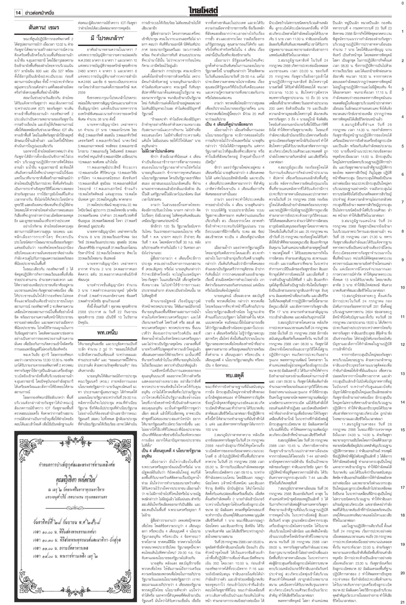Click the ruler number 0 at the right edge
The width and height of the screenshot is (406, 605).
(x=402, y=3)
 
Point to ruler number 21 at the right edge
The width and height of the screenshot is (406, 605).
(x=402, y=601)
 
